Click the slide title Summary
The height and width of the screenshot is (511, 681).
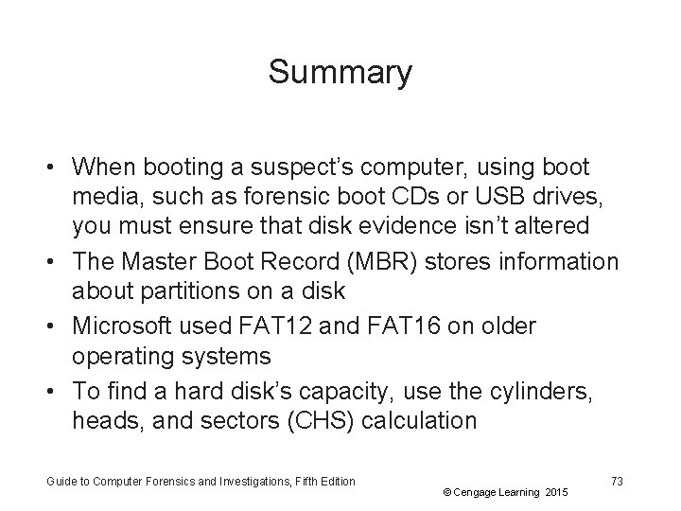(340, 73)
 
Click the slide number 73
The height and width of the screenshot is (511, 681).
(617, 482)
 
